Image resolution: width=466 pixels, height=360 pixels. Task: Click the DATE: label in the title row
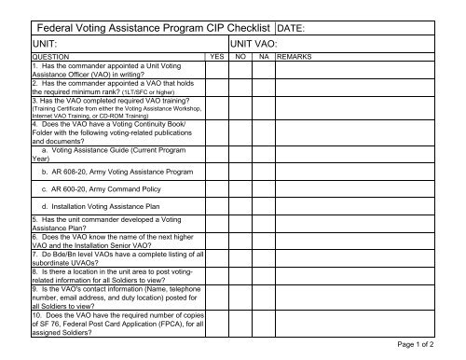tap(296, 29)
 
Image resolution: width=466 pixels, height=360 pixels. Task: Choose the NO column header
tap(240, 57)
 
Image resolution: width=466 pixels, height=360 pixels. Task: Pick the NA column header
tap(264, 57)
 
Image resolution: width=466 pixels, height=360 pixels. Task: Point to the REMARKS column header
tap(295, 57)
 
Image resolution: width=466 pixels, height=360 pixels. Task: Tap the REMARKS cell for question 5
tap(368, 226)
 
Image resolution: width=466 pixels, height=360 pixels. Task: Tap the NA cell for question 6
tap(264, 243)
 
